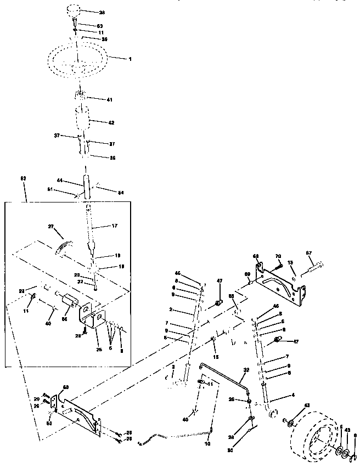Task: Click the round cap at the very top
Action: (x=75, y=10)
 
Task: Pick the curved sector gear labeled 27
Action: (x=64, y=245)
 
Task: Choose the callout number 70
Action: (x=278, y=256)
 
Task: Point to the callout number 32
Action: (x=246, y=370)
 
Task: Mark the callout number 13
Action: (x=291, y=262)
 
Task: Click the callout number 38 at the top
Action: (x=101, y=12)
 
